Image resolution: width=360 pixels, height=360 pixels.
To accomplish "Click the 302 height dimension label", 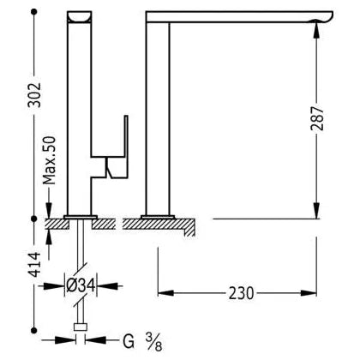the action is pos(34,95).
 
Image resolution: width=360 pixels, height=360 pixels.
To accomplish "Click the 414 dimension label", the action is pos(34,264).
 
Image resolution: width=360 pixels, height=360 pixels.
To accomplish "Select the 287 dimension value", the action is pos(317,118).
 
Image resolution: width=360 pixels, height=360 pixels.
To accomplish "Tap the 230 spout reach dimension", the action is pos(241,293).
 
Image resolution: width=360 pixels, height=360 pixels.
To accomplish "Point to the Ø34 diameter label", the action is pos(81,285).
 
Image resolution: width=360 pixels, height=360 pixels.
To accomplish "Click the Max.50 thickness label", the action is pos(49,160).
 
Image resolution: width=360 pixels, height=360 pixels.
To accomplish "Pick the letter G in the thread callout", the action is pos(129,341).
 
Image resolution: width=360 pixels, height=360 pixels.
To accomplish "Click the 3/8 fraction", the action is pos(153,342).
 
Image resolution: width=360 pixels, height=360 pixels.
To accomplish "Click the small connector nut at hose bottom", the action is pos(81,327).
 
